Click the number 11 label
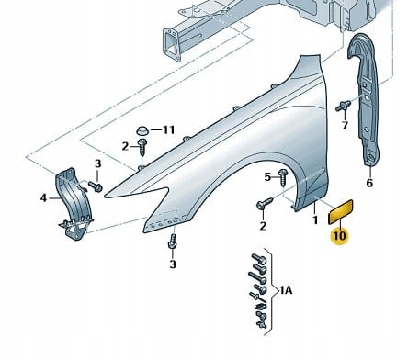(x=168, y=129)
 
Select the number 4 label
(x=42, y=197)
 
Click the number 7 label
(x=345, y=126)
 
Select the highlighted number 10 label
(x=339, y=235)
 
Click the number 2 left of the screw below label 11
(x=125, y=146)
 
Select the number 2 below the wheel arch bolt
(x=263, y=226)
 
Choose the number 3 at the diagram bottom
(x=172, y=265)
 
